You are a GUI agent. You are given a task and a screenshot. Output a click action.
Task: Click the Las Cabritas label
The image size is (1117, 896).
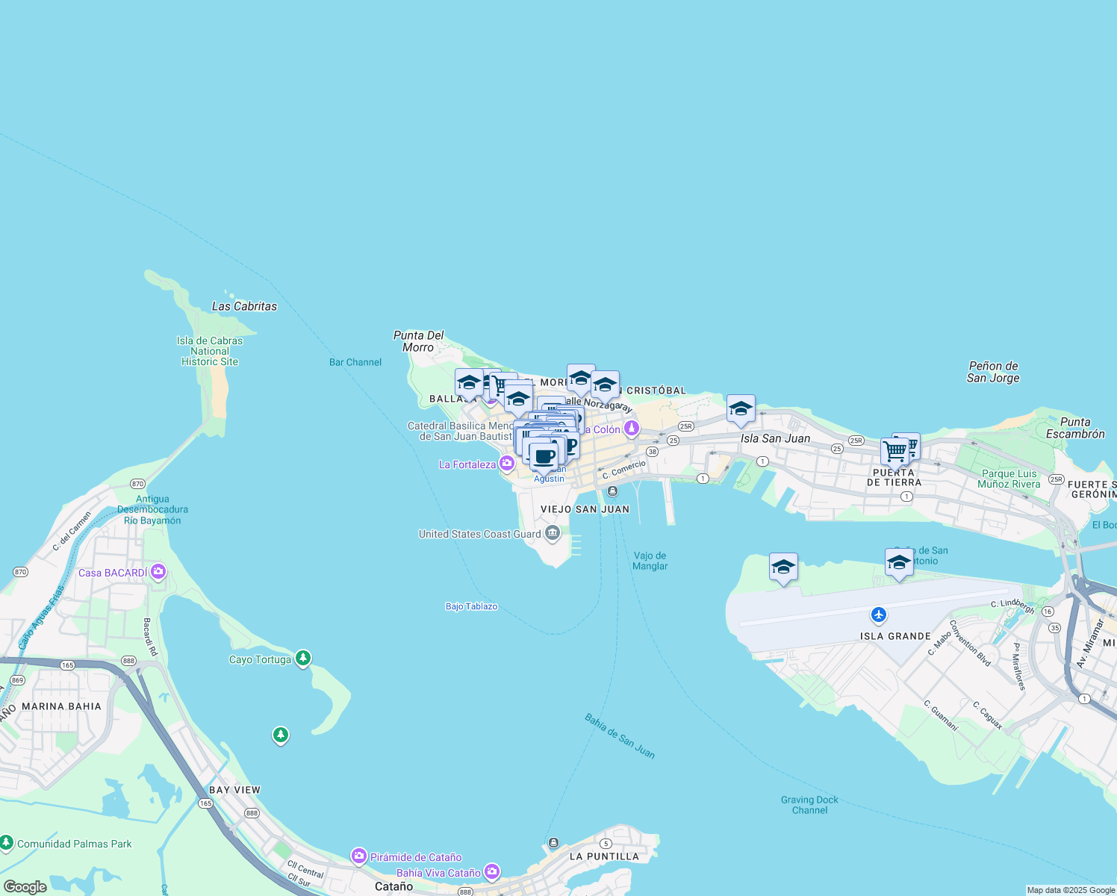click(244, 306)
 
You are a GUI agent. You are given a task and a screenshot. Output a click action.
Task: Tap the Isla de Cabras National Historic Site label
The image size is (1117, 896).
click(210, 351)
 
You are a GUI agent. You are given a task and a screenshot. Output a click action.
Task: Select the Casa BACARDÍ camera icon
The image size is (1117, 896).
click(158, 572)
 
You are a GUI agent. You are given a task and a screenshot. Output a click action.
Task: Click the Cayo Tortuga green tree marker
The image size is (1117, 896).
click(302, 658)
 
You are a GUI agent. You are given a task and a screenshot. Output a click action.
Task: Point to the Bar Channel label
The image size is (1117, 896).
click(355, 362)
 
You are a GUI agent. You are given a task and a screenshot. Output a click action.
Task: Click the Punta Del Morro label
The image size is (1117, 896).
click(418, 341)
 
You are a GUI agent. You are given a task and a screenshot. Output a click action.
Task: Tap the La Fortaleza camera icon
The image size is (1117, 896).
click(508, 464)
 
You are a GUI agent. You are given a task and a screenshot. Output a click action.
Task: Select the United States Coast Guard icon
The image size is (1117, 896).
click(553, 532)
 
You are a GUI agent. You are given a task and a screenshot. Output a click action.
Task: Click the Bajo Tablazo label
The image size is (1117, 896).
click(471, 606)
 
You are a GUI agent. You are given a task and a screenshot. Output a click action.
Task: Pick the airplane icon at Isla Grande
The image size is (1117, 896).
click(879, 615)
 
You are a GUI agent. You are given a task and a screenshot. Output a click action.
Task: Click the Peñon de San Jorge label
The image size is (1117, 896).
click(993, 372)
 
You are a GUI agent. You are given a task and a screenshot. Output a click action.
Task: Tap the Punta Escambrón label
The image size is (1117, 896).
click(1075, 428)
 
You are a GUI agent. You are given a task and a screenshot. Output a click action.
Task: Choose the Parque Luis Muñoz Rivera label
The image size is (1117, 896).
click(1009, 479)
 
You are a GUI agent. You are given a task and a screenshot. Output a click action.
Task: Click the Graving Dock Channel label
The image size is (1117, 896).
click(809, 805)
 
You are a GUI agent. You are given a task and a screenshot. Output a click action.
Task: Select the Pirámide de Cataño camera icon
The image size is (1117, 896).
click(359, 856)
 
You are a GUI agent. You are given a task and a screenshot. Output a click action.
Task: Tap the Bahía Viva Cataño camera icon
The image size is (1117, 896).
click(492, 871)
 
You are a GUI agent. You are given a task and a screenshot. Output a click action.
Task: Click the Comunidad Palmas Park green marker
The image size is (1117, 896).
click(7, 843)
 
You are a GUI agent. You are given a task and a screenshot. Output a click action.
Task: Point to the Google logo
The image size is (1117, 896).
click(25, 887)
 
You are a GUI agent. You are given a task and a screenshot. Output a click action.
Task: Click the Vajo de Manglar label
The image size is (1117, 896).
click(650, 561)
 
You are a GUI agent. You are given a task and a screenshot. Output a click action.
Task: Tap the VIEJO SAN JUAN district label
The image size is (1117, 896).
click(585, 509)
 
